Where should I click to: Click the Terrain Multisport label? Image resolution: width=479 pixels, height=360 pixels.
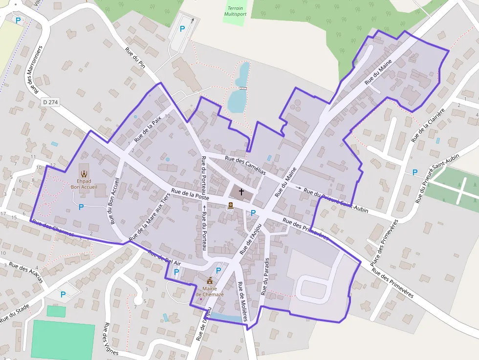pyautogui.click(x=235, y=11)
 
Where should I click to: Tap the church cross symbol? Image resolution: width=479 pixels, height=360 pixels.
pyautogui.click(x=241, y=193)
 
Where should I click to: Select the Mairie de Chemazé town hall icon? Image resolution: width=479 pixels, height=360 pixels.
pyautogui.click(x=210, y=281)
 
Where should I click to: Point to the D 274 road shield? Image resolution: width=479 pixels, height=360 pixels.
pyautogui.click(x=50, y=102)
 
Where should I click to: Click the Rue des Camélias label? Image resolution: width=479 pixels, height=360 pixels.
pyautogui.click(x=245, y=165)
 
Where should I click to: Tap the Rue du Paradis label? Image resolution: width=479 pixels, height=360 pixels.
pyautogui.click(x=265, y=276)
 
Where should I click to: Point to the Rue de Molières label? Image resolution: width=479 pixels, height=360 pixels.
pyautogui.click(x=242, y=301)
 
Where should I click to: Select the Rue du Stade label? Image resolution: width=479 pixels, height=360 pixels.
pyautogui.click(x=15, y=313)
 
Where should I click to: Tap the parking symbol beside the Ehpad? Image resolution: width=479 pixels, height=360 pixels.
pyautogui.click(x=81, y=207)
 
